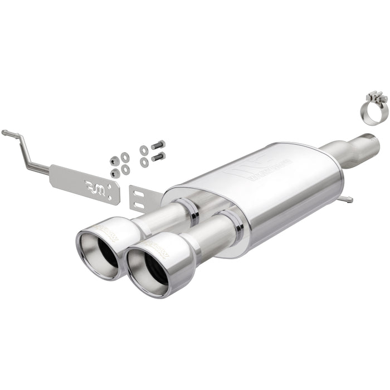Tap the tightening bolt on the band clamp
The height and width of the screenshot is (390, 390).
click(x=377, y=98)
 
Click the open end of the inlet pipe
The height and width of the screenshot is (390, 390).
click(x=371, y=141)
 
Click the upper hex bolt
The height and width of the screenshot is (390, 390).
click(x=158, y=145)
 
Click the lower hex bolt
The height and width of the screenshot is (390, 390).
click(x=158, y=157)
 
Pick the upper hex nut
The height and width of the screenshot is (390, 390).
click(x=115, y=160)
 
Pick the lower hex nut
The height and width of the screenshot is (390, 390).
click(x=115, y=173)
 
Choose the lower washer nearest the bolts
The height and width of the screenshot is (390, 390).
click(x=144, y=162)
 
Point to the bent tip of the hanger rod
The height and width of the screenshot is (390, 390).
click(x=4, y=133)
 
